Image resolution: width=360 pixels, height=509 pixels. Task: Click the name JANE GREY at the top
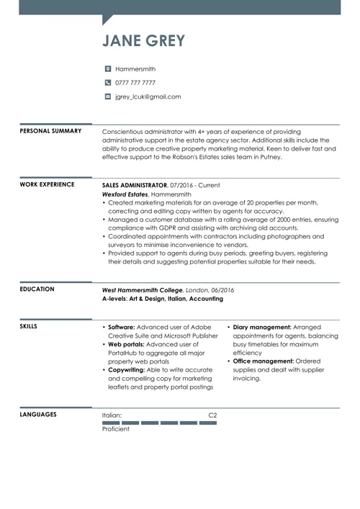tap(143, 40)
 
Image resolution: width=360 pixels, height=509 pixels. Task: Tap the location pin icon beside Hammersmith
tap(108, 69)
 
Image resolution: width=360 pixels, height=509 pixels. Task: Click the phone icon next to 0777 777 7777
tap(108, 83)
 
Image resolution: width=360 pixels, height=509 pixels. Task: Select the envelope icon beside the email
tap(108, 96)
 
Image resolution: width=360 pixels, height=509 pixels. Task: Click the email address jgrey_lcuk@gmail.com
tap(148, 96)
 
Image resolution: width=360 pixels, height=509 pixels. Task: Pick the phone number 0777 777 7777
tap(135, 83)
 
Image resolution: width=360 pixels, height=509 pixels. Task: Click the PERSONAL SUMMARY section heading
tap(50, 131)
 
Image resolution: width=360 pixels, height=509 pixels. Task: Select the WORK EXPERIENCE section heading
tap(47, 184)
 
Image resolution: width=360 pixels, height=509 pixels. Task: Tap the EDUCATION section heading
tap(37, 289)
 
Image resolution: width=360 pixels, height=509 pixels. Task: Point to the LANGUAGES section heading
tap(38, 415)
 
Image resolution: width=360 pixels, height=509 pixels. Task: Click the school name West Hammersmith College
tap(143, 289)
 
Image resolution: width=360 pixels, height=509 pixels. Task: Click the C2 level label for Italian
tap(212, 415)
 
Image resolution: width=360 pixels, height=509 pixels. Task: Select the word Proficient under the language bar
tap(116, 429)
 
